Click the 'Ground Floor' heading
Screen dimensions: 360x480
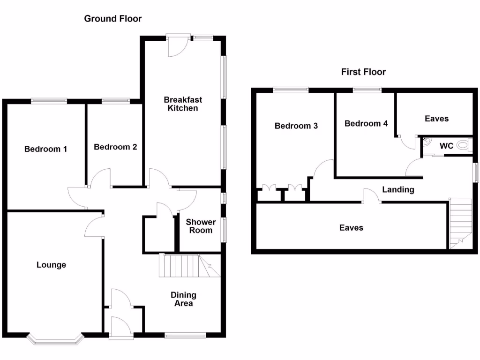click(x=112, y=19)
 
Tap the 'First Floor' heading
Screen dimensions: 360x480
click(x=363, y=72)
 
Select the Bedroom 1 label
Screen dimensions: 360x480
click(x=45, y=149)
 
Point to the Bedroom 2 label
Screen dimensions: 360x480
click(x=115, y=147)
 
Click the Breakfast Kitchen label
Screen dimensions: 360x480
click(x=183, y=104)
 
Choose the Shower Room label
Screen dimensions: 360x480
click(x=201, y=226)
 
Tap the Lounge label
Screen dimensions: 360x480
click(x=51, y=265)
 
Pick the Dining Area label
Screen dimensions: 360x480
click(x=183, y=299)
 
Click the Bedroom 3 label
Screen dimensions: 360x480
click(x=296, y=126)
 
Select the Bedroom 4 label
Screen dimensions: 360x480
click(x=366, y=123)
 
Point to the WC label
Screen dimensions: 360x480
click(x=446, y=146)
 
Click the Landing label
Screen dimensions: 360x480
click(x=398, y=189)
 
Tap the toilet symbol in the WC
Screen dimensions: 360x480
click(x=463, y=145)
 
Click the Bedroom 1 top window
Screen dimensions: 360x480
click(x=49, y=100)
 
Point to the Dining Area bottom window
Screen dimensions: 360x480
click(x=185, y=335)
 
